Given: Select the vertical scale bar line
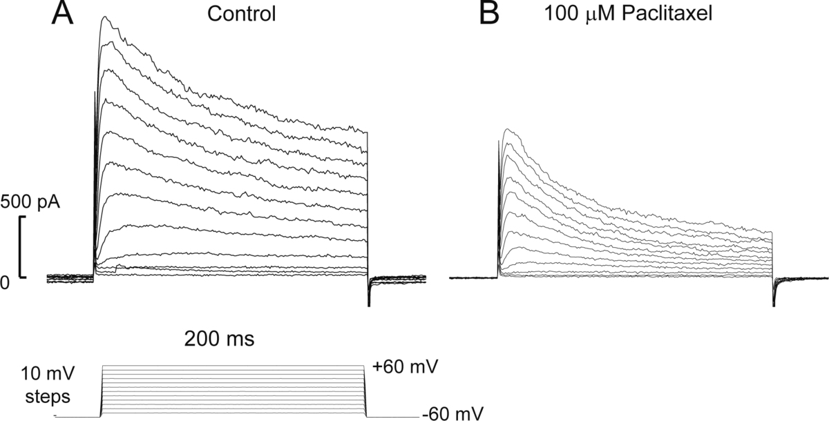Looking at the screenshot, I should coord(20,246).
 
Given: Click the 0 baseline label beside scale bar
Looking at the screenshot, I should coord(5,283).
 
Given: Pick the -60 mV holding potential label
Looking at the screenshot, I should coord(446,413).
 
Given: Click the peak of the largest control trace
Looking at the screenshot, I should coord(105,17).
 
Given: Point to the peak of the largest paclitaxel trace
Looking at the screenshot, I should coord(508,128).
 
